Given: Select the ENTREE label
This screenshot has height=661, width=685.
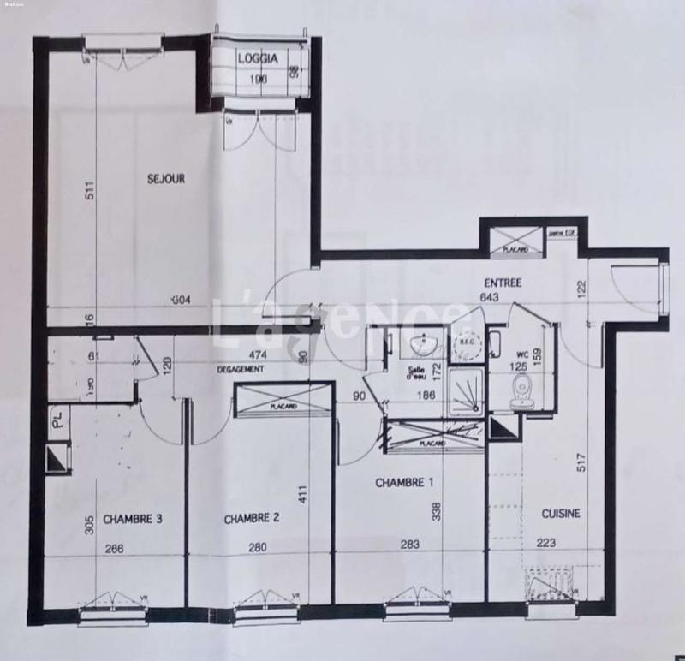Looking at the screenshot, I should click(x=503, y=283).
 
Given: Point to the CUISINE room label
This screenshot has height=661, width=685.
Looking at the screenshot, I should click(x=562, y=514).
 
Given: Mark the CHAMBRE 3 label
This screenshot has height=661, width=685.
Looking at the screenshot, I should click(x=133, y=519).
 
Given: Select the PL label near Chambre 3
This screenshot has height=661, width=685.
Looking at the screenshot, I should click(x=56, y=420).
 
